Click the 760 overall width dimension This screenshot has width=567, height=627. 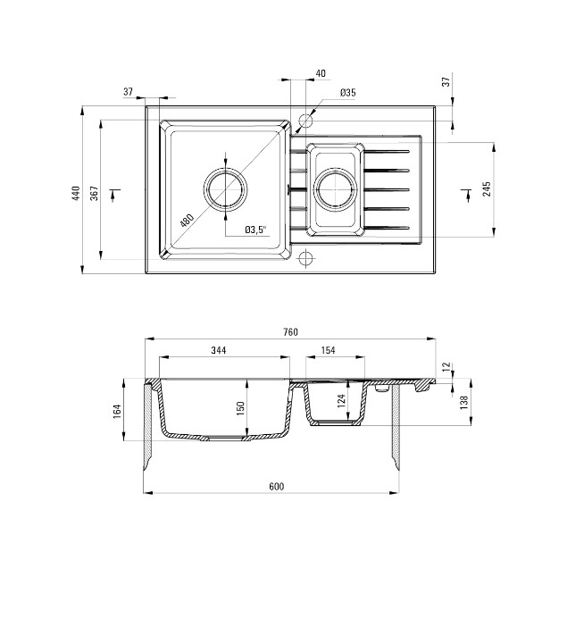[291, 332]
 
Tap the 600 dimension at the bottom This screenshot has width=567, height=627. [276, 486]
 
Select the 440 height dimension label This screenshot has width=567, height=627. [76, 193]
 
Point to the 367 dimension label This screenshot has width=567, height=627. [94, 193]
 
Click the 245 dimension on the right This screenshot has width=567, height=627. [487, 188]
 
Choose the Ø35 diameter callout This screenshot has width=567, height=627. [348, 92]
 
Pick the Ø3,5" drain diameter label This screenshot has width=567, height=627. [255, 230]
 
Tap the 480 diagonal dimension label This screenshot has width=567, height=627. [187, 221]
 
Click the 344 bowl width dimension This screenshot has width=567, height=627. [219, 350]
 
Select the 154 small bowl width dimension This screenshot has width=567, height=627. [328, 350]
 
